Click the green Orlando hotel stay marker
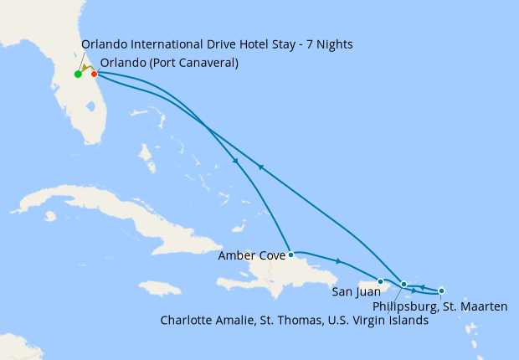point(78,74)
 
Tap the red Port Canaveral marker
point(94,74)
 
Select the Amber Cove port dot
point(290,255)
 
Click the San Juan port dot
point(381,281)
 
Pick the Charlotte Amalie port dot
point(404,284)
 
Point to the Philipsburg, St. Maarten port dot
point(441,291)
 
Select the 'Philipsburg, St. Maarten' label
point(439,306)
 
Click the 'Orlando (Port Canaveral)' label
point(168,62)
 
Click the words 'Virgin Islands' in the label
point(393,320)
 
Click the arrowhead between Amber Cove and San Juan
point(338,261)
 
